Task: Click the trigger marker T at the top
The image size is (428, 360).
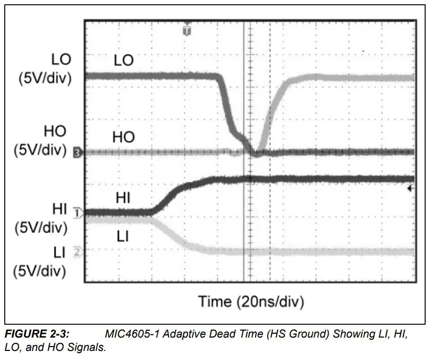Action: pyautogui.click(x=187, y=31)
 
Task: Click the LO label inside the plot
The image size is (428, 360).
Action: pyautogui.click(x=124, y=61)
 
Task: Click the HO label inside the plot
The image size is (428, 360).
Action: pyautogui.click(x=124, y=137)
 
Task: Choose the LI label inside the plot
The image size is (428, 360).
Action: pyautogui.click(x=123, y=236)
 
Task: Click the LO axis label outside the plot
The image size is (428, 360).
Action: pyautogui.click(x=61, y=60)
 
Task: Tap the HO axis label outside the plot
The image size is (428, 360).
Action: pyautogui.click(x=55, y=131)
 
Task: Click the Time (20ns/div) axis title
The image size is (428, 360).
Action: pyautogui.click(x=251, y=301)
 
